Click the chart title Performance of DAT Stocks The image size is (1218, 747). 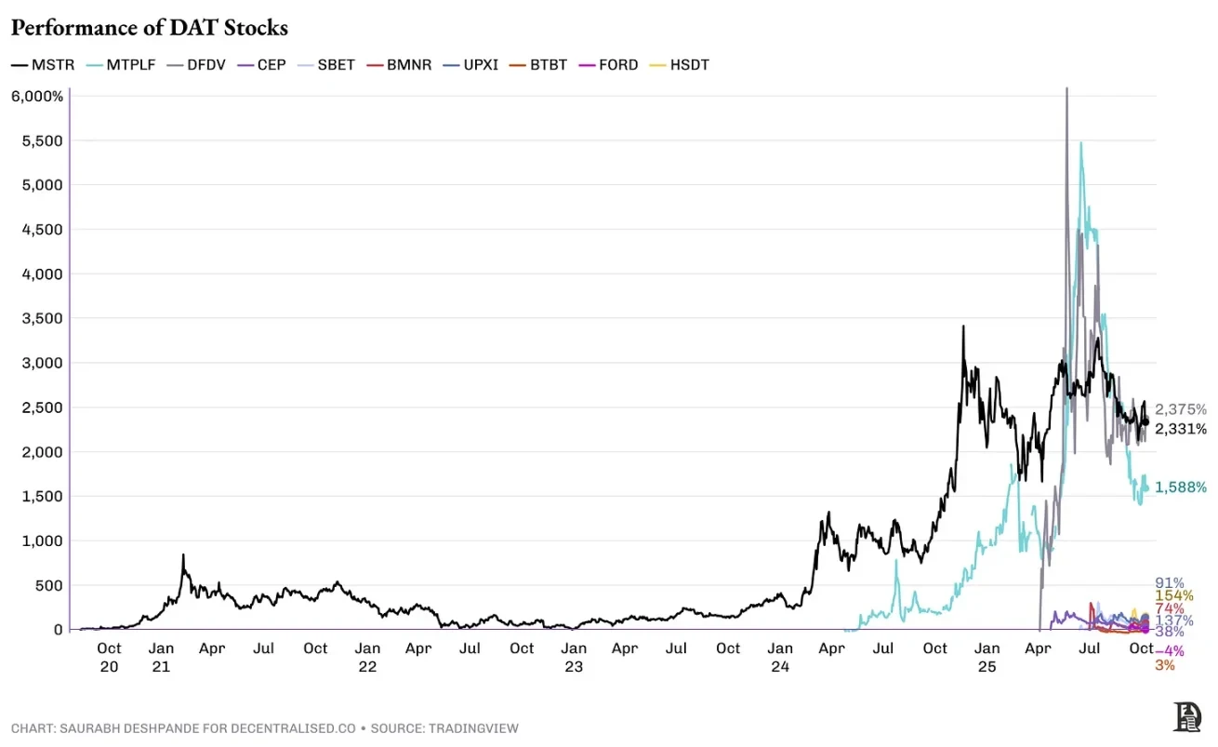(149, 28)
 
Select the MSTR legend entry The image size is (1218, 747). (37, 65)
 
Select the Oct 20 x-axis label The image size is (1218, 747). (109, 657)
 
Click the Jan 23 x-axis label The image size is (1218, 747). (574, 657)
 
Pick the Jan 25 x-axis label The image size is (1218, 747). (986, 657)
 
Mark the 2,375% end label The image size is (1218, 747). (1181, 409)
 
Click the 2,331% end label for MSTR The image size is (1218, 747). (1181, 428)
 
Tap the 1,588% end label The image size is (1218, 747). (1181, 487)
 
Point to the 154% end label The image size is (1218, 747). (1173, 595)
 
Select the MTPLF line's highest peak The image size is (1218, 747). (1080, 143)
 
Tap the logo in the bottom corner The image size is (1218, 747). (1187, 716)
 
